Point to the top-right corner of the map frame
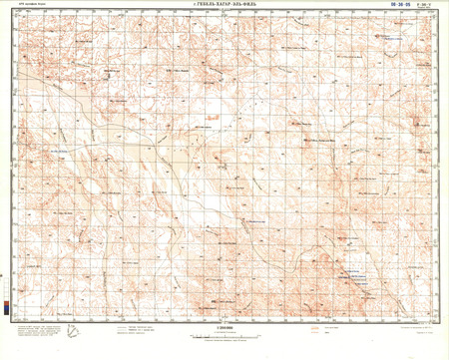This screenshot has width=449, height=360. [435, 14]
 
